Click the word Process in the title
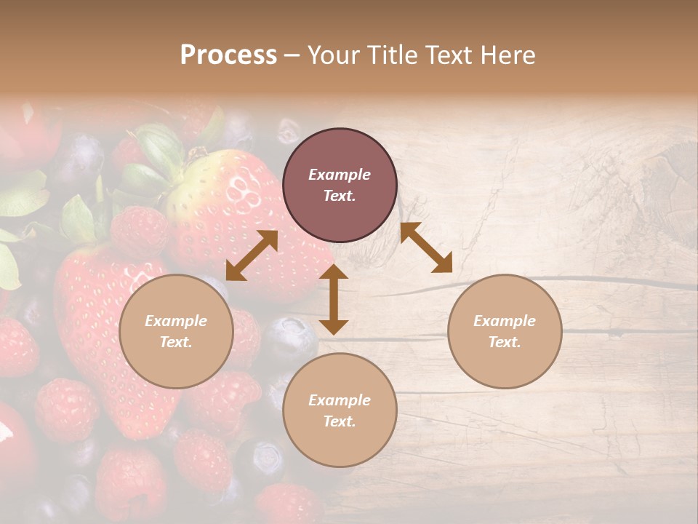tap(228, 55)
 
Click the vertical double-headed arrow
tap(334, 299)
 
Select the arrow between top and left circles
tap(252, 255)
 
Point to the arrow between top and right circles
tap(426, 247)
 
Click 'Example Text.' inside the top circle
tap(340, 185)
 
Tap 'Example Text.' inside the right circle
tap(505, 331)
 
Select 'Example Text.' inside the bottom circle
tap(340, 410)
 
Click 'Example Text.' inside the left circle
tap(176, 331)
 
